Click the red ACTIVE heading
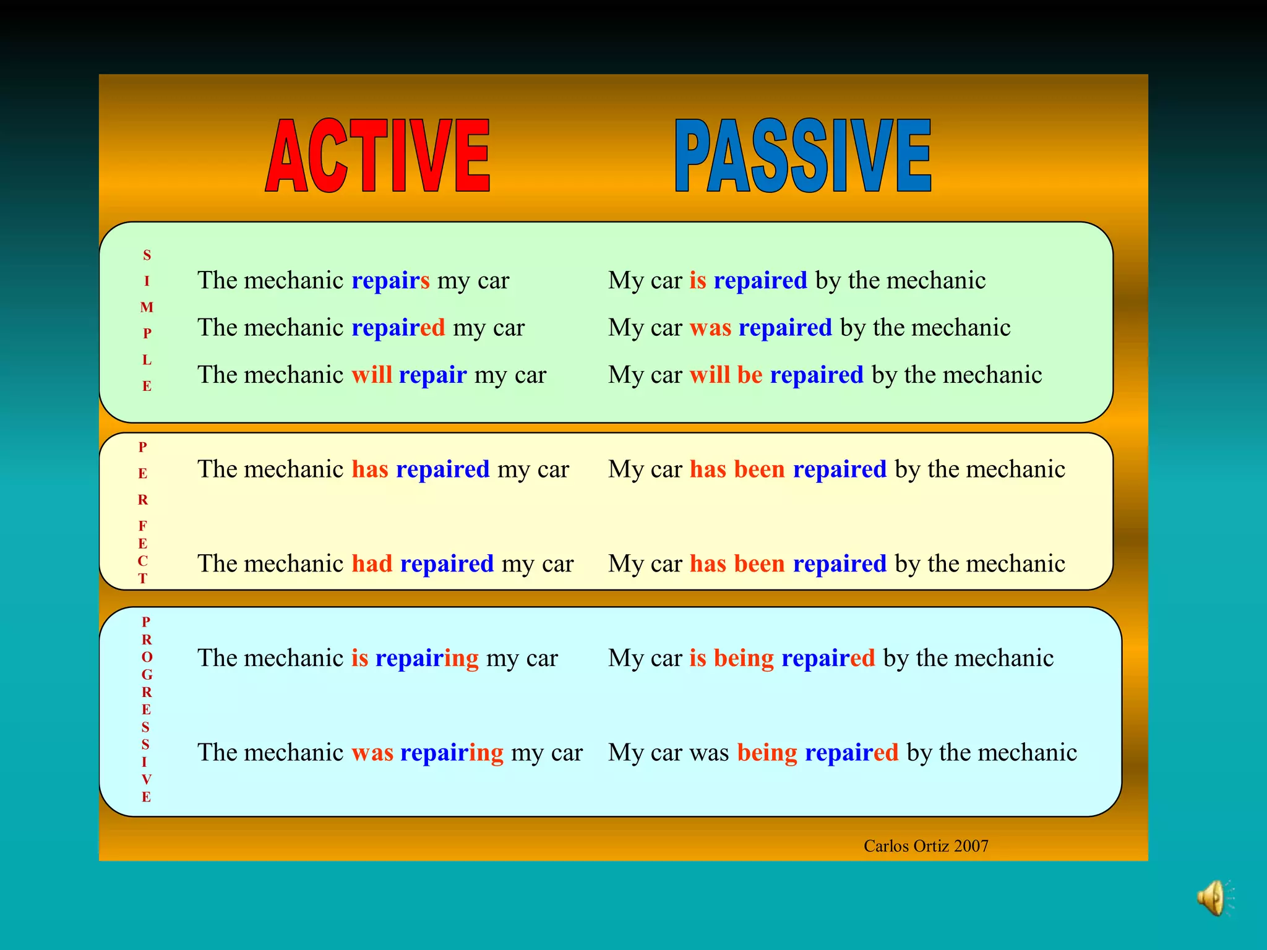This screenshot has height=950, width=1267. coord(377,156)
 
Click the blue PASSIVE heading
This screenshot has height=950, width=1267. coord(802,156)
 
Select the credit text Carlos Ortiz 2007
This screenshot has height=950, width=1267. coord(926,846)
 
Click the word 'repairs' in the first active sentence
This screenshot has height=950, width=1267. coord(390,281)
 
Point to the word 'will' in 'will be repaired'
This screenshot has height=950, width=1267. coord(710,375)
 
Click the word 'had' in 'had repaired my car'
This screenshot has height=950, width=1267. coord(372,564)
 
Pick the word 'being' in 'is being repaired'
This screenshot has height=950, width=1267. coord(744,658)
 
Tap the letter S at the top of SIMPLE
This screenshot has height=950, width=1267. coord(147,255)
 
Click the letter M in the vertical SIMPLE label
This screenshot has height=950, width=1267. coord(147,307)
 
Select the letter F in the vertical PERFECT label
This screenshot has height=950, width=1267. coord(143,526)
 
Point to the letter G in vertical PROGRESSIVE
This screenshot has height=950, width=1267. coord(147,675)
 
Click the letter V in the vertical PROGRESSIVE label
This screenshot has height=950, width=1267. coord(146,779)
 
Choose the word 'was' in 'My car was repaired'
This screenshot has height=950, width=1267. coord(710,328)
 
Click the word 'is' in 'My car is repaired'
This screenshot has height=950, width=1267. coord(698,281)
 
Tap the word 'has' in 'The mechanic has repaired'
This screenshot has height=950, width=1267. coord(370,469)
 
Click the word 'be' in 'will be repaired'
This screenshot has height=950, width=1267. coord(750,375)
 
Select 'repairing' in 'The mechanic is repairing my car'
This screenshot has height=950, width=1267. coord(427,658)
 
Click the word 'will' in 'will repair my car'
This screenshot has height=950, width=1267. coord(372,375)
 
